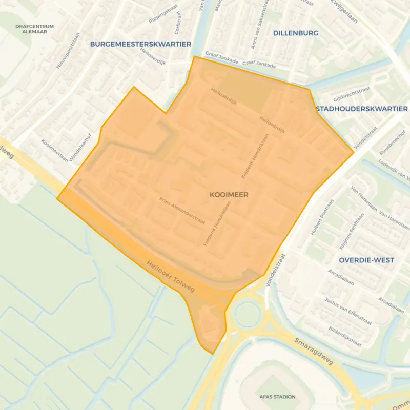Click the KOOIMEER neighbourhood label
[x=229, y=195]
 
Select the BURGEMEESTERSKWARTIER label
[x=140, y=44]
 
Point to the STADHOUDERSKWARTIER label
[x=362, y=109]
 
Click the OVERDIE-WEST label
[x=366, y=260]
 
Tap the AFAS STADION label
[x=277, y=397]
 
